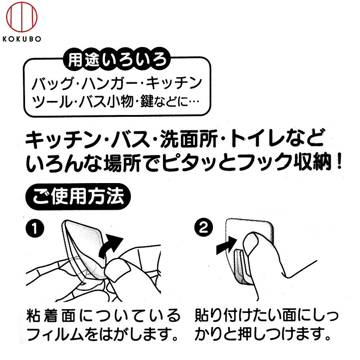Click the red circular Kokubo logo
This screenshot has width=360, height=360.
22,17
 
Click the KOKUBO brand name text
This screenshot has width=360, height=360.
22,39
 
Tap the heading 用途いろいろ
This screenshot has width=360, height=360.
117,60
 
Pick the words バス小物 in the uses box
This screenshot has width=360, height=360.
106,101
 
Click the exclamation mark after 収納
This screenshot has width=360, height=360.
339,162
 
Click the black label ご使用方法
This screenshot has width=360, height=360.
78,197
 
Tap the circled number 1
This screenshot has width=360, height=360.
35,228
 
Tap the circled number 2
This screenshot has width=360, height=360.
203,227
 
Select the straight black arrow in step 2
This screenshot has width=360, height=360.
227,245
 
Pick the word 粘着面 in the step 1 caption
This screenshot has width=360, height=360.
51,315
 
